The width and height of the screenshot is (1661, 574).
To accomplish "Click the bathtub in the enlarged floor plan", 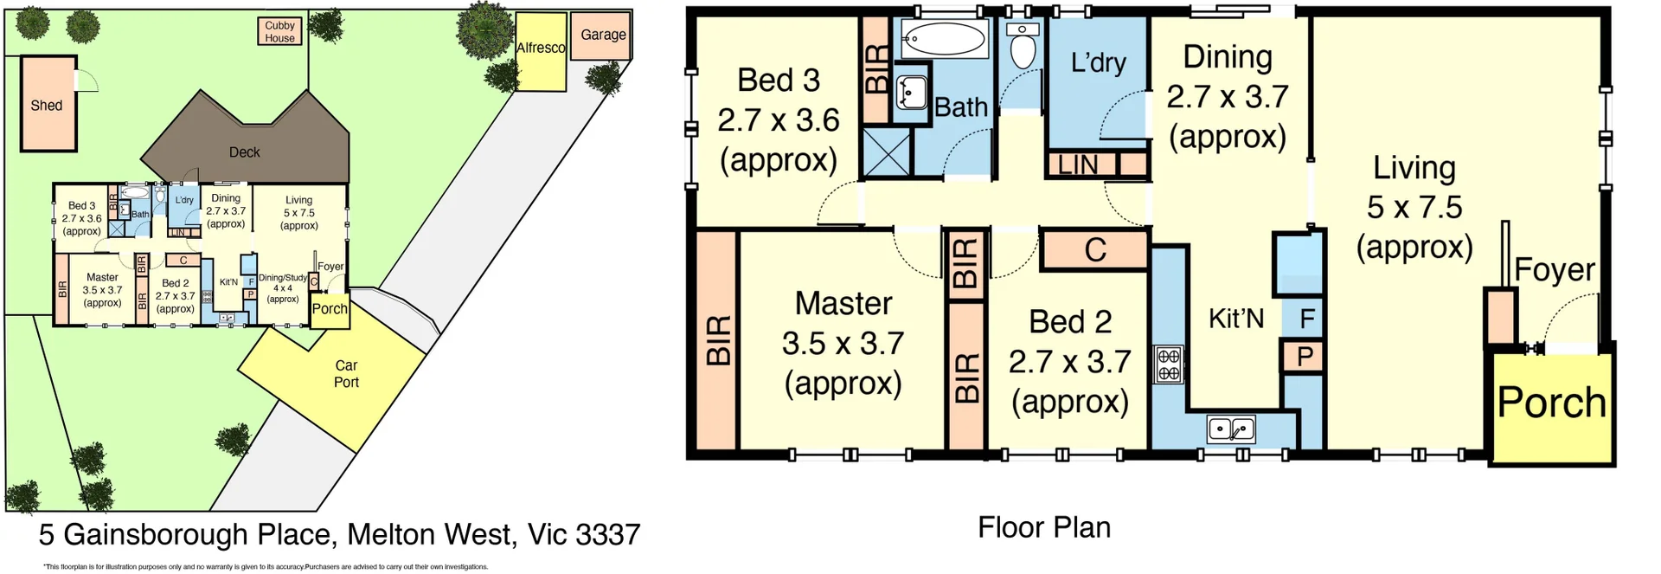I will coord(943,39).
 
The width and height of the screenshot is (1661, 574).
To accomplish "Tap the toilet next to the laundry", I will coord(1023,48).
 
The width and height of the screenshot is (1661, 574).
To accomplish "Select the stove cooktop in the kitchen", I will coord(1169,364).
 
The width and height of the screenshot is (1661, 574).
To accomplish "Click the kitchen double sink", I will coord(1231,428).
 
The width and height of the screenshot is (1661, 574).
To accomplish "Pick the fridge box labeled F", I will coord(1306,319).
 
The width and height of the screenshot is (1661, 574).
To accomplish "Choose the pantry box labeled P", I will coord(1305,356).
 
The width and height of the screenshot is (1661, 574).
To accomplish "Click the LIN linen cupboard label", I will coord(1078,164).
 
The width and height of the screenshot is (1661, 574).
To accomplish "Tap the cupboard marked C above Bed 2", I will coord(1095,250).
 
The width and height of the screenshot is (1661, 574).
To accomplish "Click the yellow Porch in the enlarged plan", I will coord(1551,403).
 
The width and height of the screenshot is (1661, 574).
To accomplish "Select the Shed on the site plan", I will coord(48,105).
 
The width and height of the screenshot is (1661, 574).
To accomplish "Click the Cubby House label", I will coord(279,32).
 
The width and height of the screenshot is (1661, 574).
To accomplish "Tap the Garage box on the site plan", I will coord(602,35).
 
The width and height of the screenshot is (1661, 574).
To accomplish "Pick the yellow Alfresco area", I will coord(541,49).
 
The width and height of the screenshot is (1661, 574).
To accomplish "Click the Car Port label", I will coord(346,373).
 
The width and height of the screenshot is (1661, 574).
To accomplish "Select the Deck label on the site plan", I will coord(244,152).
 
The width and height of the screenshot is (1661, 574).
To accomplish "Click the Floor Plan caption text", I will coord(1043,527).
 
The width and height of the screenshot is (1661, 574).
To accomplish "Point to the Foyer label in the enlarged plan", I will coord(1554,270).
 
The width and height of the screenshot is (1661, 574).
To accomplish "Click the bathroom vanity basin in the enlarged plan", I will coord(911,91).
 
